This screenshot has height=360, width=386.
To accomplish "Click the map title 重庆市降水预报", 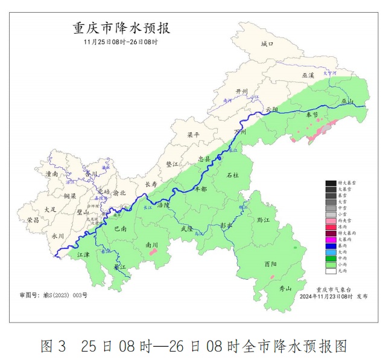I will (x=121, y=28).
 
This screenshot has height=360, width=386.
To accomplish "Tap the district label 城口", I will (x=267, y=44).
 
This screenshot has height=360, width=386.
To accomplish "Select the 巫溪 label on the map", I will (x=308, y=75).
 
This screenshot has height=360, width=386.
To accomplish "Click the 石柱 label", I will (x=232, y=175).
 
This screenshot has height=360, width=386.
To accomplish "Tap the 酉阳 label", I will (x=270, y=265).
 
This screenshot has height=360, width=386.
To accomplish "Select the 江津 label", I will (x=84, y=256).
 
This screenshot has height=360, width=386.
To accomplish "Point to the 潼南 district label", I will (x=52, y=174).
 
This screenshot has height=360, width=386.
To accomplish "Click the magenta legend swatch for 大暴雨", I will (x=331, y=240).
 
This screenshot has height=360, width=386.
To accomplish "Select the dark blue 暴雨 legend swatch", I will (x=331, y=246).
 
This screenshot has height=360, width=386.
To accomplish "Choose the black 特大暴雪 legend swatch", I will (x=331, y=182).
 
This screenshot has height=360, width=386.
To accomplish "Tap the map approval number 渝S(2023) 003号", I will (x=53, y=295).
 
